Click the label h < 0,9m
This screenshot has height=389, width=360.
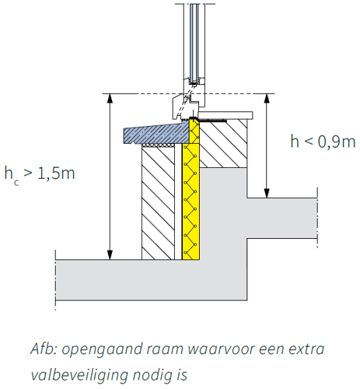tap(323, 142)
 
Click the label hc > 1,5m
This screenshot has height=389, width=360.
tap(40, 175)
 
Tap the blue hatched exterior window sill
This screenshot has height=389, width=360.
tap(156, 134)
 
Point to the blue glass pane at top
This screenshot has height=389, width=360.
tap(194, 43)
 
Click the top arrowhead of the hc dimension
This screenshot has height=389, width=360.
tap(110, 98)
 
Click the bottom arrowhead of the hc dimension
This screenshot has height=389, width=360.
tap(110, 254)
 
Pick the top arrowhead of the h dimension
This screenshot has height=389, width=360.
tap(267, 98)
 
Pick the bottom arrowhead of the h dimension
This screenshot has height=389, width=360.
tap(267, 194)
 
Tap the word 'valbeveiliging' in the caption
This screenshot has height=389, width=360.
tap(79, 375)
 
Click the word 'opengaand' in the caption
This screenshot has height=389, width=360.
tap(102, 350)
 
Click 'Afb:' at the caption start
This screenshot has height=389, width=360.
tap(44, 349)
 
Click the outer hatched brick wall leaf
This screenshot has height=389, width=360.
tap(159, 202)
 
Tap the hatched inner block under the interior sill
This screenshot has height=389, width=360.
tap(223, 144)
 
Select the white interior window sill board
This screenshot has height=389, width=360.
tap(225, 115)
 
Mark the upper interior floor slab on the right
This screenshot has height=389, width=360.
tap(282, 218)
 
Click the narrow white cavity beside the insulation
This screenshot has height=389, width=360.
tap(178, 202)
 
